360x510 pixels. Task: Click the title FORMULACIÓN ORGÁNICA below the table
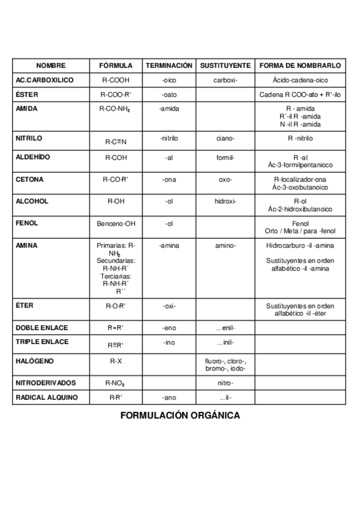coord(180,415)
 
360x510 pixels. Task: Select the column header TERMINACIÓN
coord(169,66)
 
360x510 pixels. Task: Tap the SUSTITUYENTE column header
coord(225,66)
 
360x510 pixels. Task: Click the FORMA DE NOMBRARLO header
coord(301,66)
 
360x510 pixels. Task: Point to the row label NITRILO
coord(28,138)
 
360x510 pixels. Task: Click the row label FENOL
coord(26,223)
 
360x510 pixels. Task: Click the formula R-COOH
coord(116,80)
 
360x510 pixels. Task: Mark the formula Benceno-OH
coord(116,224)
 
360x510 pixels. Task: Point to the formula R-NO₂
coord(116,382)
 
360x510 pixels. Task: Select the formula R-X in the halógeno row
coord(116,361)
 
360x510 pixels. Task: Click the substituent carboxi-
coord(225,80)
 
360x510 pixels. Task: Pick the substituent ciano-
coord(225,138)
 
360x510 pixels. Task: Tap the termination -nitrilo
coord(169,138)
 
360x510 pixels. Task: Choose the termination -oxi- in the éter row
coord(169,306)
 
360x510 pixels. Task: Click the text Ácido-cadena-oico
coord(301,80)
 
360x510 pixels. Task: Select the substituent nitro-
coord(225,382)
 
